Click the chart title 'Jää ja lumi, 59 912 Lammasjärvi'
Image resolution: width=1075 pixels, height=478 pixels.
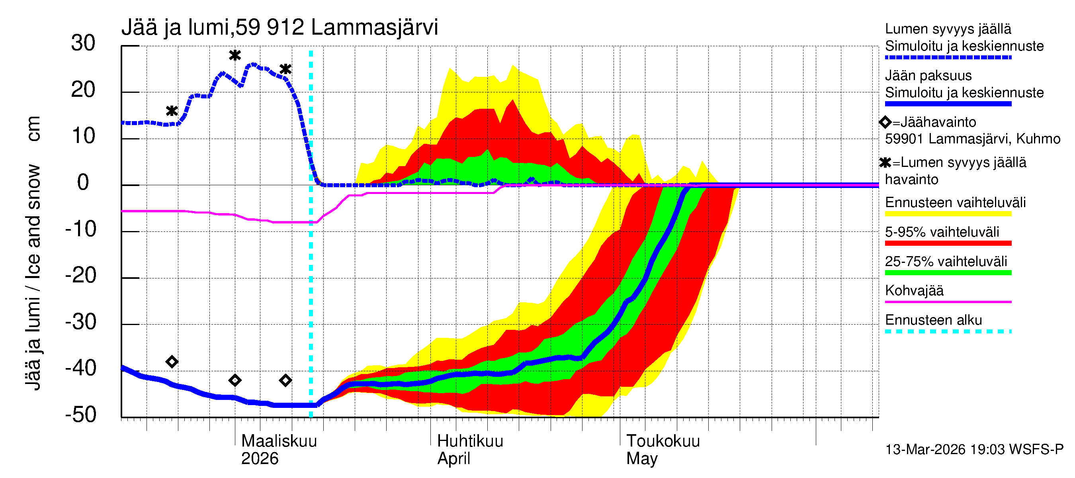(279, 27)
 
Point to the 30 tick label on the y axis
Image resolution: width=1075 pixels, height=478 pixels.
(83, 43)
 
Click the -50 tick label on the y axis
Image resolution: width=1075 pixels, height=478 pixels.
(81, 415)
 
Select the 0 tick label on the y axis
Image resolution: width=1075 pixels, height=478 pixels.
(83, 183)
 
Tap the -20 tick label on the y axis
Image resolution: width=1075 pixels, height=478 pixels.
(81, 276)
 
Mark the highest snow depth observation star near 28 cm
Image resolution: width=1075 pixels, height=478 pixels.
(235, 55)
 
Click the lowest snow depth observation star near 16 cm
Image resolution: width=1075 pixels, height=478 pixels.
(172, 111)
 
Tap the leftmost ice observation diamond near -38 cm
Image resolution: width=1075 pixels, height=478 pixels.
(172, 362)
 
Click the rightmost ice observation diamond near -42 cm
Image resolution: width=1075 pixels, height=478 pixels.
(285, 380)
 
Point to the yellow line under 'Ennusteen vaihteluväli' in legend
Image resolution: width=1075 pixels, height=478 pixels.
(948, 214)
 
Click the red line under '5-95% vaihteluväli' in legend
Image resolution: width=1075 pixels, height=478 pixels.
(948, 243)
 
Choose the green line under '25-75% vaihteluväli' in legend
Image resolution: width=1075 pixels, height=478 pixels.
(948, 273)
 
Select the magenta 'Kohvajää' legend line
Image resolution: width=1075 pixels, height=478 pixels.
(948, 302)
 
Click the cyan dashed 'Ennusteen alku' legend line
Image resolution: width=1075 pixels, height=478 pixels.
(948, 331)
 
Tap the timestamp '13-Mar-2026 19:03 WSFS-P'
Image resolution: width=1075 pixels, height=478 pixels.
(974, 450)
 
